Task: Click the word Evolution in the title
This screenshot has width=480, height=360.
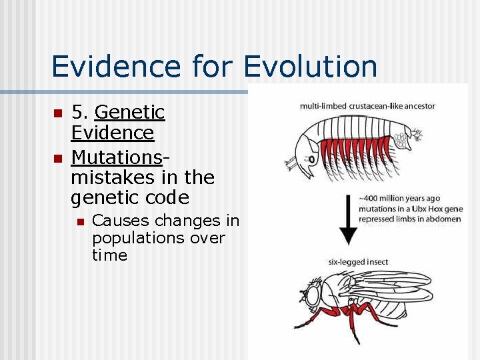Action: click(311, 67)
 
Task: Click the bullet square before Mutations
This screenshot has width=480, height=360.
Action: click(57, 159)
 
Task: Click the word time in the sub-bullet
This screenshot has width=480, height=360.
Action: click(109, 255)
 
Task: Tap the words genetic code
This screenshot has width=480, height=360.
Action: click(129, 198)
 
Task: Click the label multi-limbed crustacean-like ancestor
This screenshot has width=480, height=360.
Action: click(367, 106)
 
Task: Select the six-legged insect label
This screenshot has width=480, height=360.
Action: click(358, 262)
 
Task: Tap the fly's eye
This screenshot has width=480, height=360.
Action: click(312, 293)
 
